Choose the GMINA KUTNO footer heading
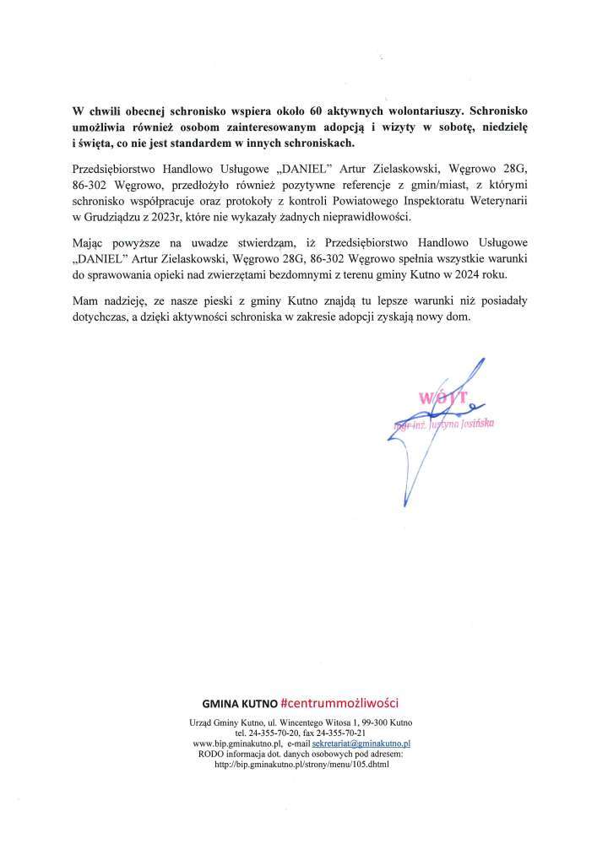240,703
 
